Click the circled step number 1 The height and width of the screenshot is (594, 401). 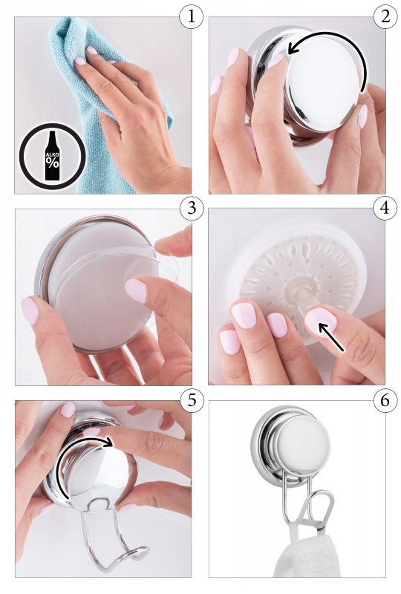[192, 17]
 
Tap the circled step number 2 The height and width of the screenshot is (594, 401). [385, 17]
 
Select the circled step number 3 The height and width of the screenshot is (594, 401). [192, 209]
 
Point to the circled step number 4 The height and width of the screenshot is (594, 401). [385, 209]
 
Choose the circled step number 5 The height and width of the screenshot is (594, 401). [192, 400]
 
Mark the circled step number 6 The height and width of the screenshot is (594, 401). [385, 400]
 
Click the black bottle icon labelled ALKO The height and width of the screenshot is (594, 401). [53, 155]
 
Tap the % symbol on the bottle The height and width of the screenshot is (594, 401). [53, 163]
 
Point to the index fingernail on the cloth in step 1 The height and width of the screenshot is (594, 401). [80, 61]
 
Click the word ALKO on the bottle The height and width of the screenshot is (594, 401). [52, 155]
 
